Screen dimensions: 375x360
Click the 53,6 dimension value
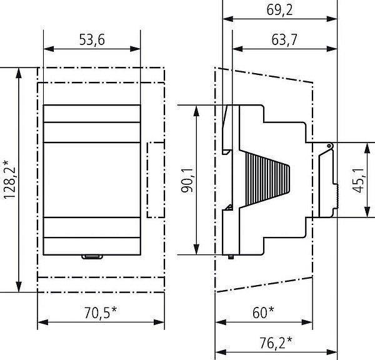point(92,39)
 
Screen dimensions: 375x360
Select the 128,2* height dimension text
point(9,179)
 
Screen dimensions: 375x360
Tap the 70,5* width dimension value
point(101,312)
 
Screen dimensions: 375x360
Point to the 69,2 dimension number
point(279,10)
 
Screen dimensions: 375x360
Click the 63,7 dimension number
point(284,40)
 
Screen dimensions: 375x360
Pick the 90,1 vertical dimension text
point(187,180)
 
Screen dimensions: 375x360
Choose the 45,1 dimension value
point(358,180)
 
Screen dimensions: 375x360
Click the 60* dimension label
point(263,312)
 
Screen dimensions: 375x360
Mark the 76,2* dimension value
point(276,342)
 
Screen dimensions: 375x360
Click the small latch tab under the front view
point(92,257)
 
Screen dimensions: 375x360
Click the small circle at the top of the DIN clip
point(329,146)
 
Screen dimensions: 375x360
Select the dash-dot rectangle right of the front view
point(156,180)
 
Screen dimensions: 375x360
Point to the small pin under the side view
point(231,257)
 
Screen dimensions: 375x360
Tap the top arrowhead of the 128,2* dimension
point(19,72)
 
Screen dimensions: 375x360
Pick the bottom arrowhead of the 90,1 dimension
point(196,249)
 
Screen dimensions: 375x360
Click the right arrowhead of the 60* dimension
point(307,322)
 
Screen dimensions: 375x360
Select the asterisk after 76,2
point(289,339)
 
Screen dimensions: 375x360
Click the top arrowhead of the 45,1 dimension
point(367,147)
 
